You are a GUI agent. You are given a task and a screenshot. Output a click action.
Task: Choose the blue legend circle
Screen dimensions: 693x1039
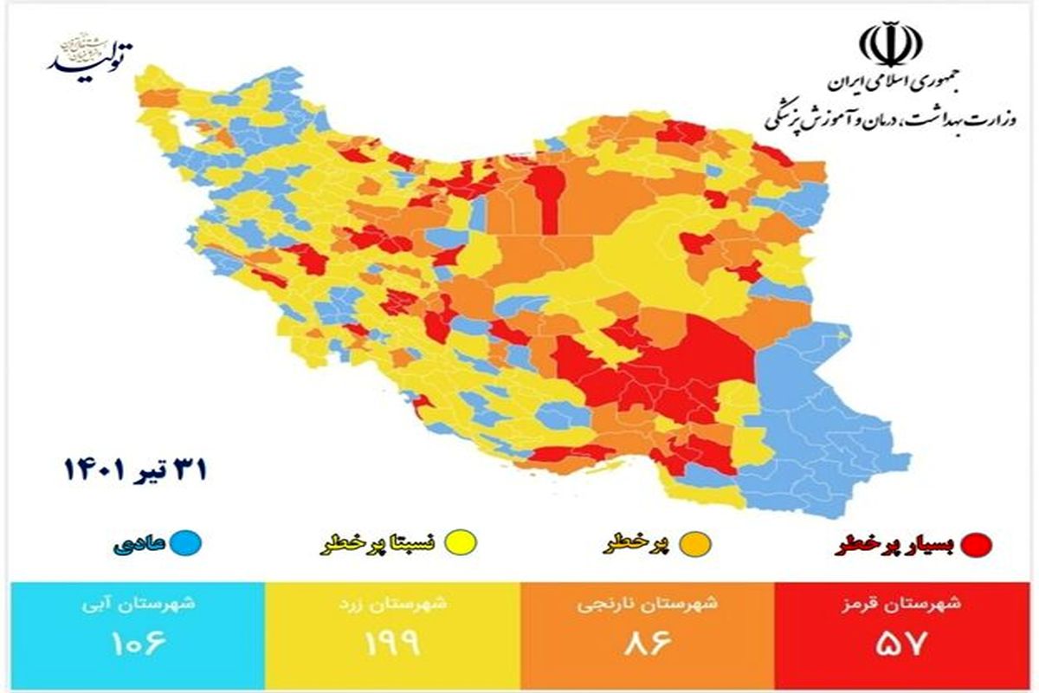click(185, 544)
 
